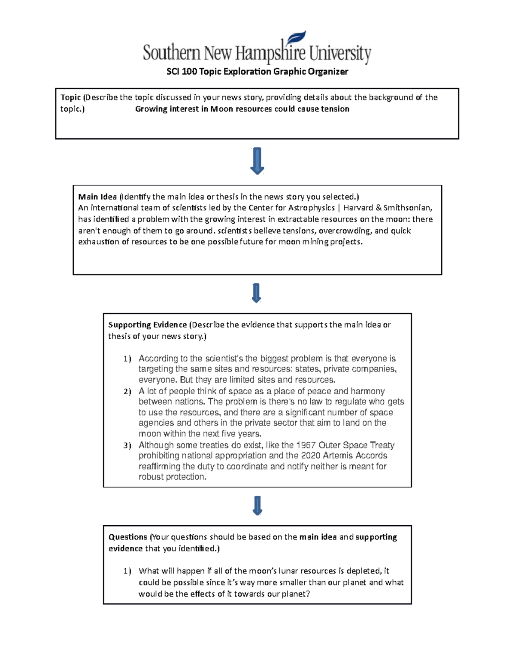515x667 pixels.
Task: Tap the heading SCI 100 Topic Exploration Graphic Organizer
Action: point(257,72)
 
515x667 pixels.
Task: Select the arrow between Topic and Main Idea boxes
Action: point(257,161)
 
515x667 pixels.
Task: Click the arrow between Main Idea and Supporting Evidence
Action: point(257,293)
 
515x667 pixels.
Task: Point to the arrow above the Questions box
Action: point(257,506)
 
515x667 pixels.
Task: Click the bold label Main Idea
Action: point(97,197)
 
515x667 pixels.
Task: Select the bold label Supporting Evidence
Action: point(147,325)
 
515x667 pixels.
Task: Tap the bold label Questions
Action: point(127,537)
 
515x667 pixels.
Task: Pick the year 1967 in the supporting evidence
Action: point(306,445)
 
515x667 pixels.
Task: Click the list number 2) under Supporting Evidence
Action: point(127,392)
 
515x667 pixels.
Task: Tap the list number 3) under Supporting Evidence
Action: point(127,445)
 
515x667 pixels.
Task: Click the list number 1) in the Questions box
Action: point(127,571)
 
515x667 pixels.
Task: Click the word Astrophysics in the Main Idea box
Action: point(312,208)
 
